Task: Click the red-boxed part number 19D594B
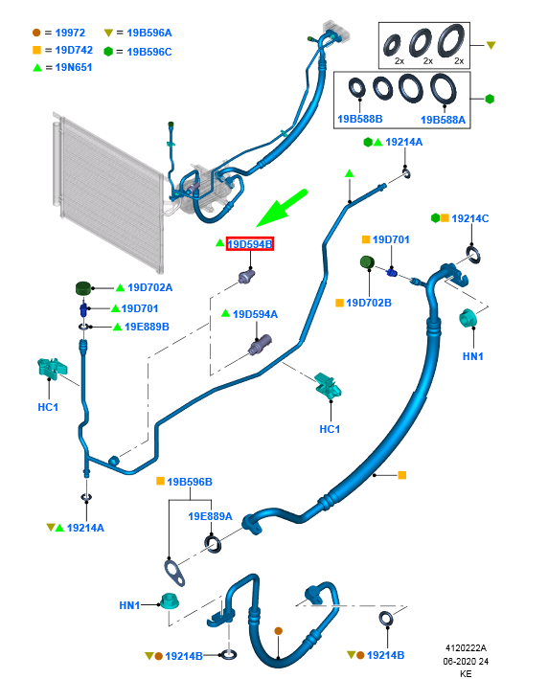[250, 244]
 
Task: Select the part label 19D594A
[255, 314]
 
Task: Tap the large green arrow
[282, 208]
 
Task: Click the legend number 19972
[70, 33]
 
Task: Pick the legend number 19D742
[74, 50]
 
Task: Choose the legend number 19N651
[74, 67]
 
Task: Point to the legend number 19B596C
[149, 52]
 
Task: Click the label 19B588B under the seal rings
[360, 119]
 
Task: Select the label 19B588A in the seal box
[443, 120]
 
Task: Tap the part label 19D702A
[149, 287]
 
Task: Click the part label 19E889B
[147, 327]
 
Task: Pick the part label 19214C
[470, 218]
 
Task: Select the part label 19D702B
[369, 303]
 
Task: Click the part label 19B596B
[190, 482]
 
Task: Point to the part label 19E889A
[210, 516]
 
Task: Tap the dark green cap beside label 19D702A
[83, 288]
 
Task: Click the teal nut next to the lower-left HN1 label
[170, 601]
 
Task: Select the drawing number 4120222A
[466, 647]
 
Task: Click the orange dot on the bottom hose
[279, 631]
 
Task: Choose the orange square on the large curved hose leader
[402, 475]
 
